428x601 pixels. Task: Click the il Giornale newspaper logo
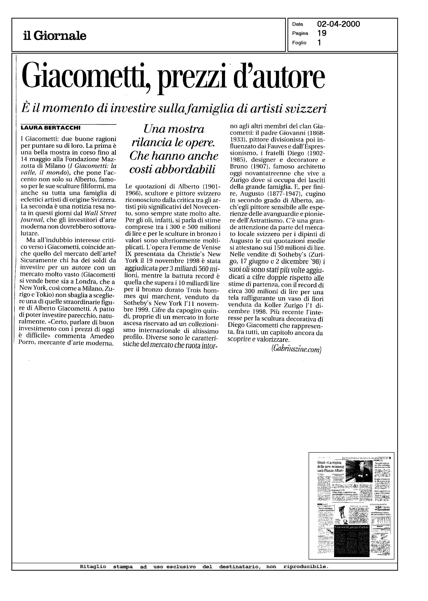pyautogui.click(x=55, y=36)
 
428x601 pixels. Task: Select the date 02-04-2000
pyautogui.click(x=338, y=24)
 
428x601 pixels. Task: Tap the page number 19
pyautogui.click(x=322, y=33)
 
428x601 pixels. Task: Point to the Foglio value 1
pyautogui.click(x=319, y=43)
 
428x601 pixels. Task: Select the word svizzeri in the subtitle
pyautogui.click(x=306, y=108)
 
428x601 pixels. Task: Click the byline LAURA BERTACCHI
pyautogui.click(x=51, y=128)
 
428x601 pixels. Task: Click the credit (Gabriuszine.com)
pyautogui.click(x=296, y=349)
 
